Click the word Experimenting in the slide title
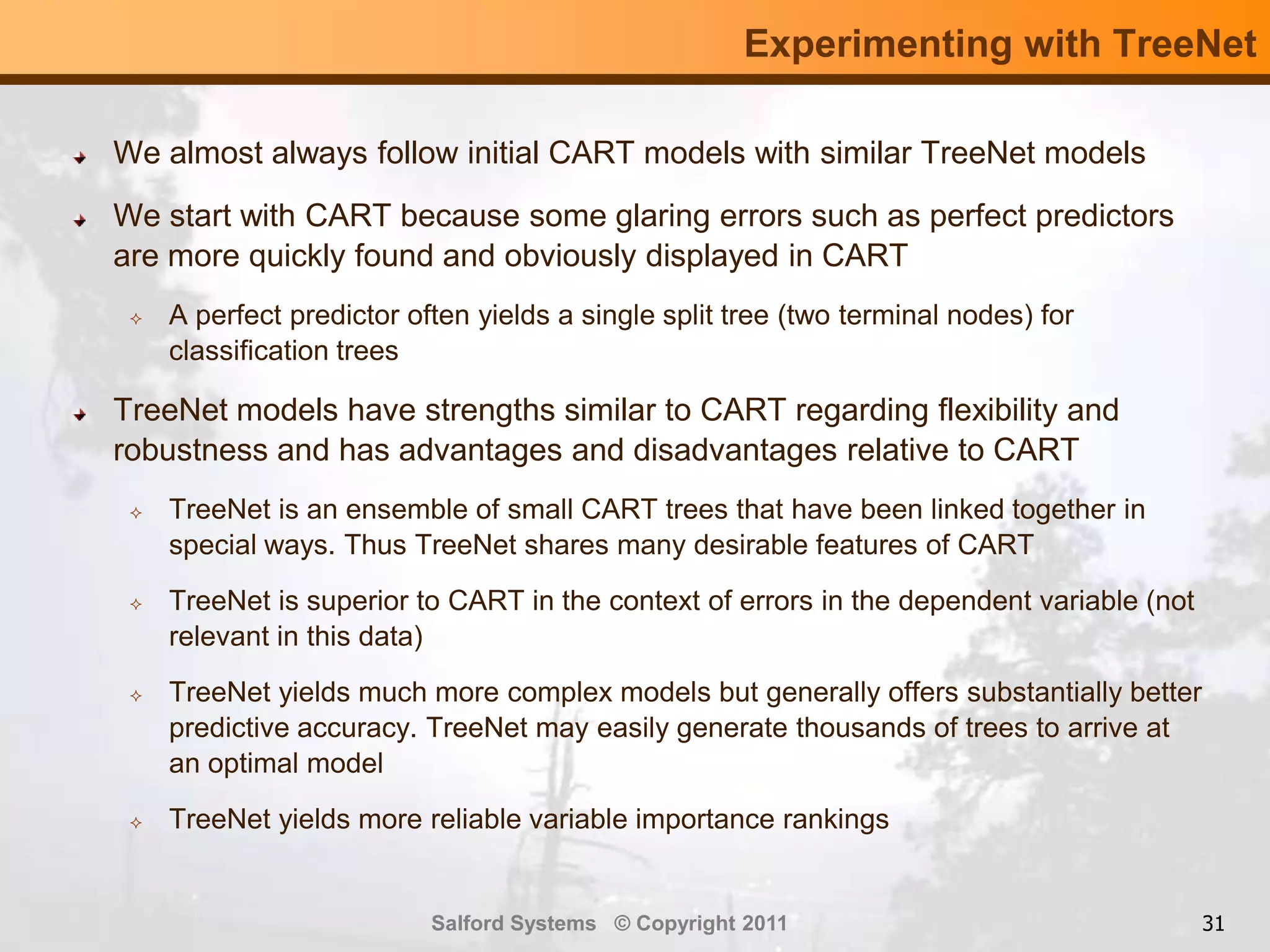click(x=877, y=45)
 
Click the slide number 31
click(x=1213, y=923)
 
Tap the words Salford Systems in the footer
click(x=513, y=923)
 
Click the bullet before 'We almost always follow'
click(x=79, y=158)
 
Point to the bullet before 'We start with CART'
click(x=79, y=221)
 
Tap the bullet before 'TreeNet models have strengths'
click(x=79, y=415)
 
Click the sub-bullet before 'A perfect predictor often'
click(x=136, y=319)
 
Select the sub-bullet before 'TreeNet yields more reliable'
click(x=136, y=823)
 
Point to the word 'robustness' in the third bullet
click(x=190, y=450)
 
